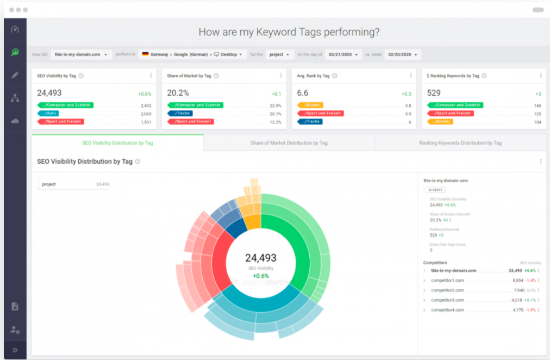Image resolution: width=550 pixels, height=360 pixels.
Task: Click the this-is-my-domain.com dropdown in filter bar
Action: coord(83,54)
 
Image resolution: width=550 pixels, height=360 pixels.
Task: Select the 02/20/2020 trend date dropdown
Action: coord(403,54)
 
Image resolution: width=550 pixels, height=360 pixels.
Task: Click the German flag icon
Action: coord(145,54)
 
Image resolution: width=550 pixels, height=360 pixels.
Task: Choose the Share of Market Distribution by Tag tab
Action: coord(289,143)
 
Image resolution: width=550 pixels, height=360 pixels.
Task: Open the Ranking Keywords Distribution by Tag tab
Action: coord(460,143)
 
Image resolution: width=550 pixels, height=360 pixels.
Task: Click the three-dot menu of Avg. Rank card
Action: coord(410,76)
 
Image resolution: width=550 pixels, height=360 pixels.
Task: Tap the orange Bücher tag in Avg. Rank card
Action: coord(310,105)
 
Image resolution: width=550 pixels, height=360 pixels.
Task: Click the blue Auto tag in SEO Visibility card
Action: coord(49,113)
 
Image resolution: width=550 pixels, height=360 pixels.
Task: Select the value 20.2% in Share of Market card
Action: coord(178,93)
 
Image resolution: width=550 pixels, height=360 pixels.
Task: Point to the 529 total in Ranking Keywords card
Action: coord(434,93)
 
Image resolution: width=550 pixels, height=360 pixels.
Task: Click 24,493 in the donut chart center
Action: coord(261,258)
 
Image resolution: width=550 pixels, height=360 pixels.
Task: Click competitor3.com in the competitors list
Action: coord(447,300)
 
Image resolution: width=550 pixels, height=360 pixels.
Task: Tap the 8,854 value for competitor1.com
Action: coord(517,280)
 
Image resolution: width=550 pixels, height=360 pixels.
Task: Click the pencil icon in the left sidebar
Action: coord(15,75)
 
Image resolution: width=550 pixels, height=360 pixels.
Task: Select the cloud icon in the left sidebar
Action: coord(15,121)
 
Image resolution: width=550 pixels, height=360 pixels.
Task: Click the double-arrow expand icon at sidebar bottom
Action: coord(15,350)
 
